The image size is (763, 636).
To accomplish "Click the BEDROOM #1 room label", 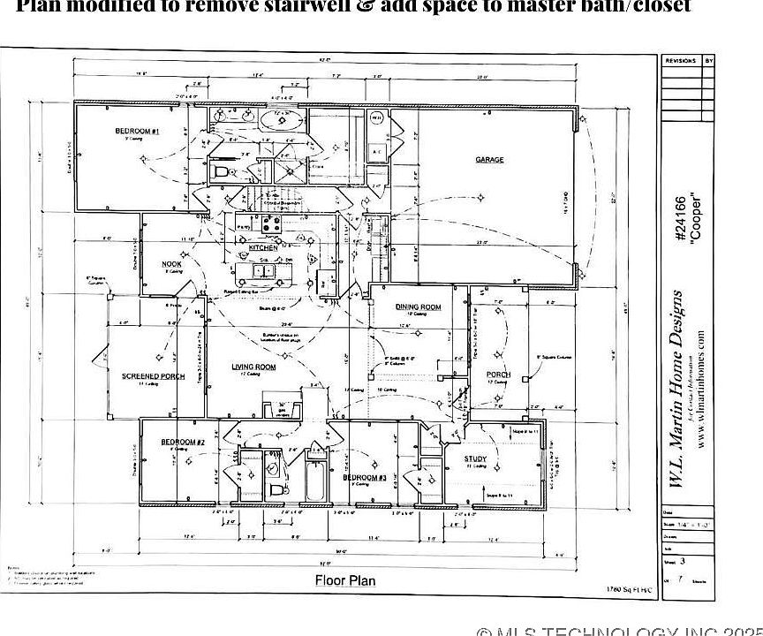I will [137, 132].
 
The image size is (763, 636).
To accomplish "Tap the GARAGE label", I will [490, 160].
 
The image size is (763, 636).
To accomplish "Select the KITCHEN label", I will [262, 248].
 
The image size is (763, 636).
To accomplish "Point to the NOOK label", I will [171, 264].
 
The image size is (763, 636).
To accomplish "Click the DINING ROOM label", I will [418, 307].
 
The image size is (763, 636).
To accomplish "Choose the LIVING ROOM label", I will [254, 367].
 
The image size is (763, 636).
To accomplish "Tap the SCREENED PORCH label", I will [153, 376].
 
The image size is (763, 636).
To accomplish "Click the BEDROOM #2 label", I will [183, 442].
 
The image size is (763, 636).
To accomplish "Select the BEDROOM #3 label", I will [365, 477].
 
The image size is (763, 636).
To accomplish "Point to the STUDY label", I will [475, 459].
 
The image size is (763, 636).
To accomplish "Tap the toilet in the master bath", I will [222, 171].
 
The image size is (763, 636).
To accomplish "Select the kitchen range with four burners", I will [269, 223].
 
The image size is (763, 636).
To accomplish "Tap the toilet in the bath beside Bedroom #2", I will [277, 489].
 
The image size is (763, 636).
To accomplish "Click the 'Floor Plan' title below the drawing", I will [345, 580].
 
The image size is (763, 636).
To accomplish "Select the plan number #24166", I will [680, 218].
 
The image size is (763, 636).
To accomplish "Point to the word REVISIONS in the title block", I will [680, 61].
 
